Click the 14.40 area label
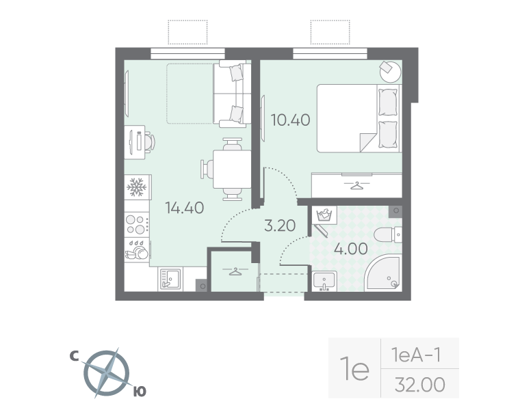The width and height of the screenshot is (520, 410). (185, 208)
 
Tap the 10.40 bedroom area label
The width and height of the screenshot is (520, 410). (290, 120)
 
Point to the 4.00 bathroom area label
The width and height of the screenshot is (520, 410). (350, 248)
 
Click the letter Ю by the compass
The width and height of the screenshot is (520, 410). (138, 391)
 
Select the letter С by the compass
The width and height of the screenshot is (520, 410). (73, 356)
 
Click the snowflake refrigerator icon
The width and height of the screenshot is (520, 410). (136, 187)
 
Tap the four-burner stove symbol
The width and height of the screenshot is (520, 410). (136, 223)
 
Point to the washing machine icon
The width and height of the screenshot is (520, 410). (324, 217)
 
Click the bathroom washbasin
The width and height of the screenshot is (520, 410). (324, 280)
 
